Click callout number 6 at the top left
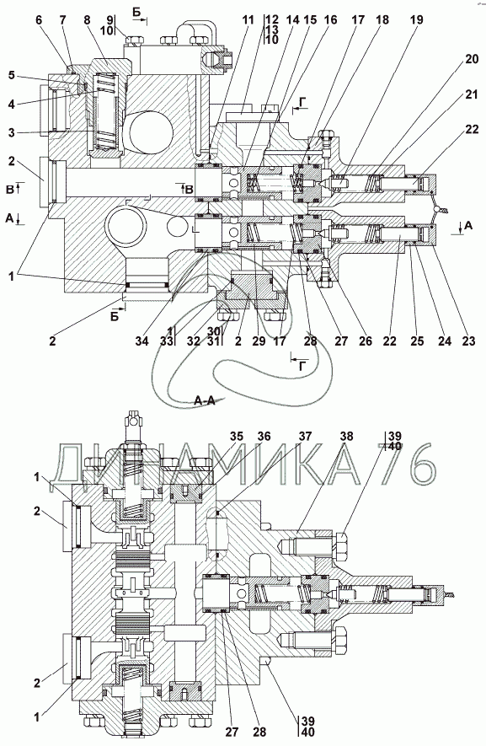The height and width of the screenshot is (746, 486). (x=39, y=20)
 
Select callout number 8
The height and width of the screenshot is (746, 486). (x=87, y=20)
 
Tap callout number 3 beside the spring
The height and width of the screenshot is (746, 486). (x=11, y=131)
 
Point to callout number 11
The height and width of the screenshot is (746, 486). (x=248, y=20)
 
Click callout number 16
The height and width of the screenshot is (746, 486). (x=330, y=20)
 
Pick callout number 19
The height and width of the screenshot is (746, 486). (x=417, y=20)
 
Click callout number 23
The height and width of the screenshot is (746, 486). (x=469, y=341)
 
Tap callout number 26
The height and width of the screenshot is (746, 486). (x=366, y=341)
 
